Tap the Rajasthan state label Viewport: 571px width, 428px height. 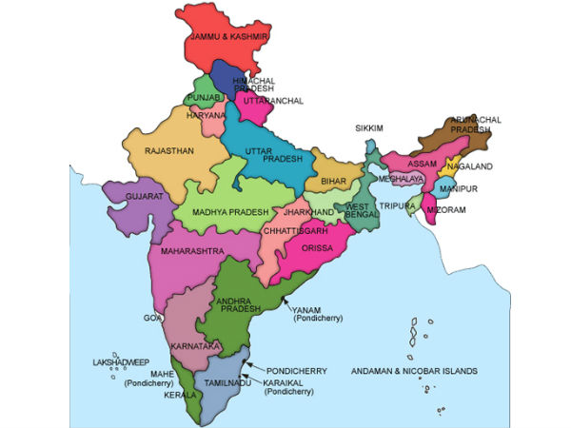170,151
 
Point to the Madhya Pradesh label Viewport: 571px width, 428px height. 231,211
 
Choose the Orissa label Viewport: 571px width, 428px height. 316,248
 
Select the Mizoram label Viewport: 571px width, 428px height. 444,209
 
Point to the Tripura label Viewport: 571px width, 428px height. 395,205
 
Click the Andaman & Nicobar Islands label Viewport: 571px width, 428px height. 414,371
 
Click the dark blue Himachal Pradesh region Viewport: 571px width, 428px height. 226,76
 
